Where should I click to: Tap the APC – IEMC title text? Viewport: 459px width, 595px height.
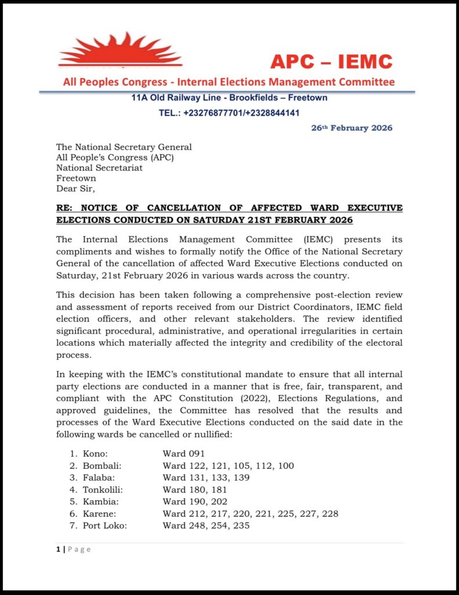click(331, 61)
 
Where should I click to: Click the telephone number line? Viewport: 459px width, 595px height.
click(229, 113)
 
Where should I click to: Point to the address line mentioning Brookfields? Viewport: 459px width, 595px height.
click(229, 98)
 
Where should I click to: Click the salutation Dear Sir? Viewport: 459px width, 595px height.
click(75, 188)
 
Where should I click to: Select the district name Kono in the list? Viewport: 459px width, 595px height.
click(95, 453)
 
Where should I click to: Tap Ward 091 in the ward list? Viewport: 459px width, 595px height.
click(183, 453)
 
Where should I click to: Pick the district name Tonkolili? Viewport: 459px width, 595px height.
click(103, 489)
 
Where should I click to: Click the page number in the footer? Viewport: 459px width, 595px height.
click(58, 550)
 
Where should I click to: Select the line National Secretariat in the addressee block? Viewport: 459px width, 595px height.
click(99, 168)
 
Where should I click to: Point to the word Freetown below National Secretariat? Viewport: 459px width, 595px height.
click(76, 178)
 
